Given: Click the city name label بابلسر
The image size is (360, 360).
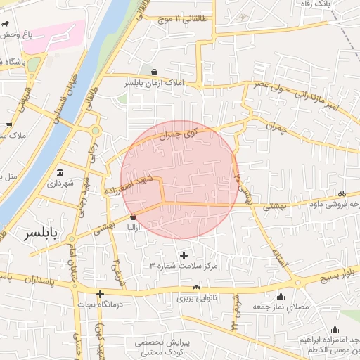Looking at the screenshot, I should coord(42,233).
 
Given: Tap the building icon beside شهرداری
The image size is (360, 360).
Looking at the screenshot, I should coord(60,172).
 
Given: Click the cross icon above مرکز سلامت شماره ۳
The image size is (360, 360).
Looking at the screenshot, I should coord(184,255).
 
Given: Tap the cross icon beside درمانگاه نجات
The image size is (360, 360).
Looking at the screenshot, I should coord(101,294).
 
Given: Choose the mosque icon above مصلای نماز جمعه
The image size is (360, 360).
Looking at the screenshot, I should coord(281,296).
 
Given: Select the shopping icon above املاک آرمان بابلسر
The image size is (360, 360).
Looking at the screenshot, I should coord(154,72).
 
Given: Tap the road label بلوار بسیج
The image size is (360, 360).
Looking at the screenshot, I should coord(335,274).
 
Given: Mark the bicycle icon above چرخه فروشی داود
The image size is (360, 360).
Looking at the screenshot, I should coord(342,194).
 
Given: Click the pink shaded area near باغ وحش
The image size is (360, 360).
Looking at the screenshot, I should coord(53,35).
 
